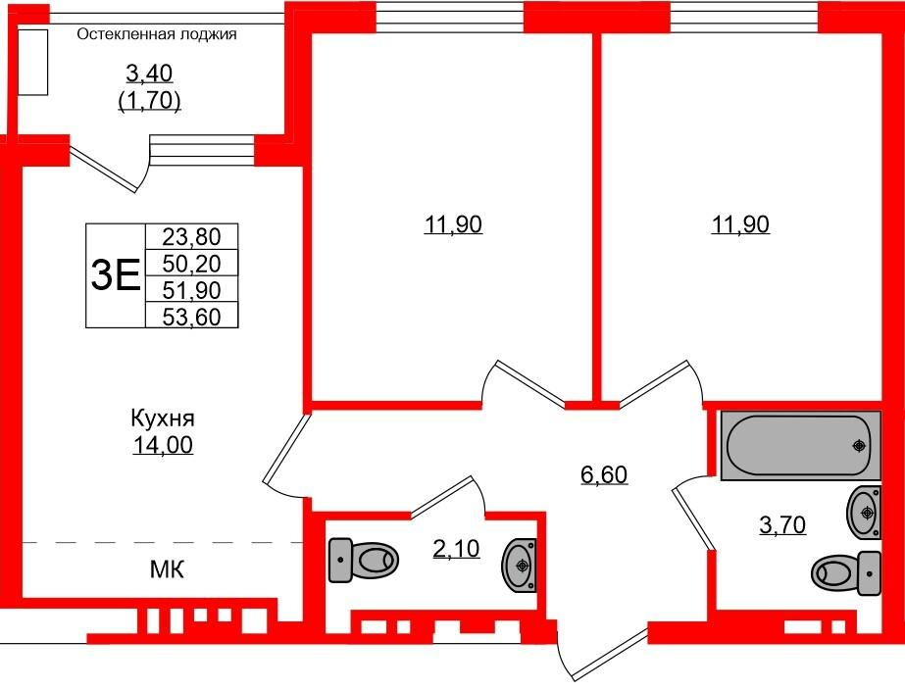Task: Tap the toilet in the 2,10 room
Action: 364,561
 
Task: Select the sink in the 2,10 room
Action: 520,565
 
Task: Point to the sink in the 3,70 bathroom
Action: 863,511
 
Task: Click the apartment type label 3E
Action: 115,276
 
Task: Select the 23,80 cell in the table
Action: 192,236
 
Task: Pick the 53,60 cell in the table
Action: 192,315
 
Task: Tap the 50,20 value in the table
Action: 192,263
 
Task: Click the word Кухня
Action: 163,419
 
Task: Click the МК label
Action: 167,569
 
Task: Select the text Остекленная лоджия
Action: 157,35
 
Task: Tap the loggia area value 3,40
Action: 150,73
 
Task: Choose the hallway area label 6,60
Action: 603,476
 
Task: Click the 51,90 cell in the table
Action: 192,289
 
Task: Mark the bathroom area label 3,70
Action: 781,526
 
